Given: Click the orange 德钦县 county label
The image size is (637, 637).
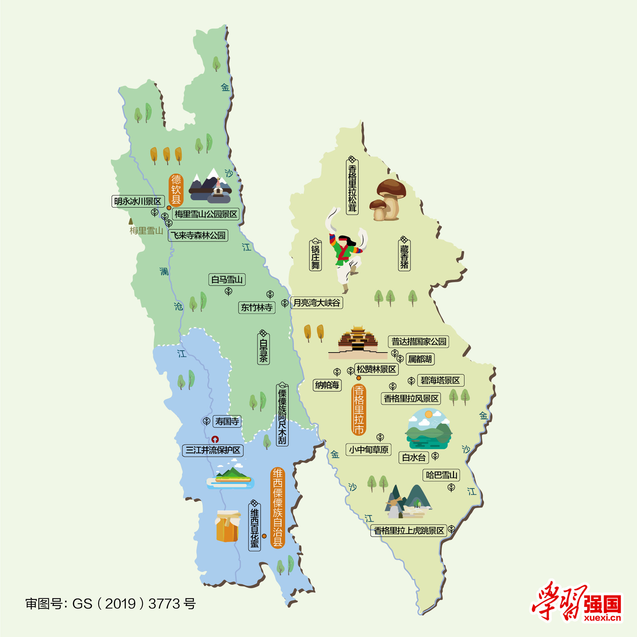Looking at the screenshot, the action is click(x=176, y=190).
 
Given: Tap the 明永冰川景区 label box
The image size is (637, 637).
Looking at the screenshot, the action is click(x=138, y=201).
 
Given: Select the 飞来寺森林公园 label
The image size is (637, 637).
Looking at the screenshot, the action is click(x=198, y=235).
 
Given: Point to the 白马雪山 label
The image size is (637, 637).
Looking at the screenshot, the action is click(x=227, y=279).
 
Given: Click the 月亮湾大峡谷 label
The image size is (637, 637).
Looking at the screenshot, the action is click(x=316, y=303).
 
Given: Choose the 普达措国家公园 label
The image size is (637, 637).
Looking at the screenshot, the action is click(x=419, y=341).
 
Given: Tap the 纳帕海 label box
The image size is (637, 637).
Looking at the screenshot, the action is click(x=327, y=385).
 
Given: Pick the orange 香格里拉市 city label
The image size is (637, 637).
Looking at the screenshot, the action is click(x=359, y=410).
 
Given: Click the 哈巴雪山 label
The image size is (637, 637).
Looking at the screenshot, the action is click(x=441, y=475).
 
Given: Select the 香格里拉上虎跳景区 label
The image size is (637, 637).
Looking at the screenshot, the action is click(x=408, y=530).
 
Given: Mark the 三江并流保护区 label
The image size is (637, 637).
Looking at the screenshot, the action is click(x=213, y=450).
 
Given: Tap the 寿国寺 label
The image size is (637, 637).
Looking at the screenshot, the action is click(x=227, y=421).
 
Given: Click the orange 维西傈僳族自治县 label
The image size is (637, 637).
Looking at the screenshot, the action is click(x=277, y=508).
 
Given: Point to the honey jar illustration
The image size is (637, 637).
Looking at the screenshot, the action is click(x=227, y=526).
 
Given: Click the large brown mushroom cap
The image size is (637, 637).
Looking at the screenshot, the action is click(x=391, y=187).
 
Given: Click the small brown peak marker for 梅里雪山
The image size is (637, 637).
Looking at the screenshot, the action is click(x=131, y=221).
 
